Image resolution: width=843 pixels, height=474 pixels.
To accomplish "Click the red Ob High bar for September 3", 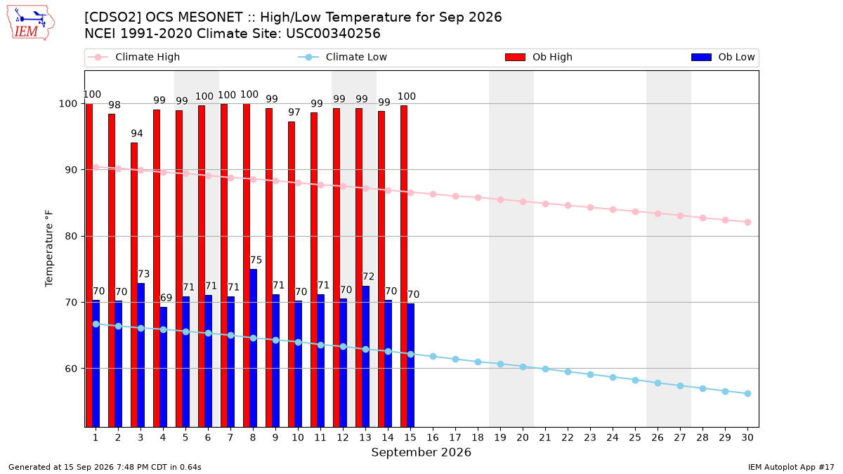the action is [x=134, y=285].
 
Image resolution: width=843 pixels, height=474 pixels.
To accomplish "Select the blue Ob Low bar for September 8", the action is [x=254, y=348].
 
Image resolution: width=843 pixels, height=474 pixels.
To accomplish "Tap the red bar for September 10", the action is [x=292, y=275].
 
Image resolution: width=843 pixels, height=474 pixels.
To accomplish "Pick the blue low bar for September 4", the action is [x=163, y=367].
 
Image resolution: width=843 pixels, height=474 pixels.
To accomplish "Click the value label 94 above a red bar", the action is [x=137, y=133].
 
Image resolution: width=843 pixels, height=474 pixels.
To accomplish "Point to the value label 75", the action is [x=256, y=260].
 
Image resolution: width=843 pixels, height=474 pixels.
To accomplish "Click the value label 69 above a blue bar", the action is [x=166, y=298].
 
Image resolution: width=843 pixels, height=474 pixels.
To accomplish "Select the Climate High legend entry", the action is [x=134, y=57].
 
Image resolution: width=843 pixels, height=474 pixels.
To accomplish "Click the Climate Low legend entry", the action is [x=343, y=57].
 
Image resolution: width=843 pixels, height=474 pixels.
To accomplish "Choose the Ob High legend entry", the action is [x=539, y=57].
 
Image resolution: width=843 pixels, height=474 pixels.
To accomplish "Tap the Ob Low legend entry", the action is [x=723, y=57].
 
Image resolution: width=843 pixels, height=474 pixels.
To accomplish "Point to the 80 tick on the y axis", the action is [x=70, y=236].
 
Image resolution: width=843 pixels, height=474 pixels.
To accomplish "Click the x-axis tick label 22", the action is [x=568, y=437].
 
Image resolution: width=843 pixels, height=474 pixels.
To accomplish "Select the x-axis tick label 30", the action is [x=747, y=437].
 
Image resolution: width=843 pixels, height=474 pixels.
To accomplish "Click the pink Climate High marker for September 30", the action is [x=747, y=223].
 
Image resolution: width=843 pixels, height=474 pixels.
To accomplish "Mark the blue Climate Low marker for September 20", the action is [x=523, y=367].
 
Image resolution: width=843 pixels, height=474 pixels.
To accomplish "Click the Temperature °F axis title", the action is [x=49, y=249].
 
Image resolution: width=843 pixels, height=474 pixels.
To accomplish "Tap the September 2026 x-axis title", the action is [x=421, y=452].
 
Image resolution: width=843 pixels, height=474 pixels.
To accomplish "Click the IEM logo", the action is [x=30, y=23].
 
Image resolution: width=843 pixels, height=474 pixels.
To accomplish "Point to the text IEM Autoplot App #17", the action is [x=791, y=467].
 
